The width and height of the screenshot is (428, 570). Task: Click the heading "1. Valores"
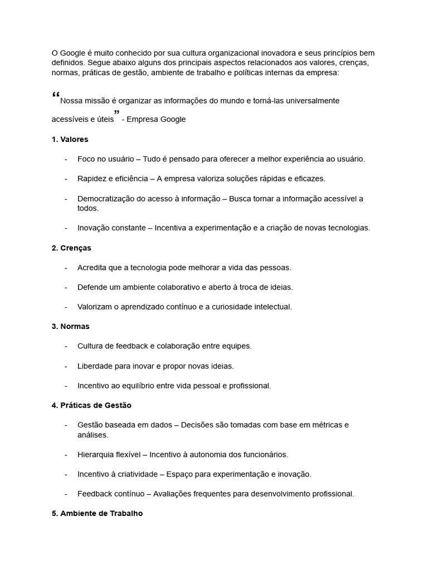coord(70,139)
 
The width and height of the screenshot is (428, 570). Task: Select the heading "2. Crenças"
coord(71,248)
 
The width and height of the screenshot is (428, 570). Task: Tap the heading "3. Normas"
coord(70,326)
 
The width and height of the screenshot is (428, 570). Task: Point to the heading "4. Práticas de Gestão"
coord(91,405)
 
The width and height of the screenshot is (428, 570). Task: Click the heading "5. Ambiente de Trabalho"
coord(97,513)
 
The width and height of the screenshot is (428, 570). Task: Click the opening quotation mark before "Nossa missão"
coord(55,96)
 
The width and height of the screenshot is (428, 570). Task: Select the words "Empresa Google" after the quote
coord(156,119)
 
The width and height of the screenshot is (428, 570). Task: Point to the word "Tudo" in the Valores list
coord(152,159)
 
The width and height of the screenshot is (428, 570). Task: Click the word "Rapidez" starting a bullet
coord(92,179)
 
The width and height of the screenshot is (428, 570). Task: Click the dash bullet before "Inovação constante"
coord(66,228)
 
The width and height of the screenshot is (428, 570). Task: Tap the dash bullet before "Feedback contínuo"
coord(66,494)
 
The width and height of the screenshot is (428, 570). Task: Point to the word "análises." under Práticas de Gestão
coord(93,435)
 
